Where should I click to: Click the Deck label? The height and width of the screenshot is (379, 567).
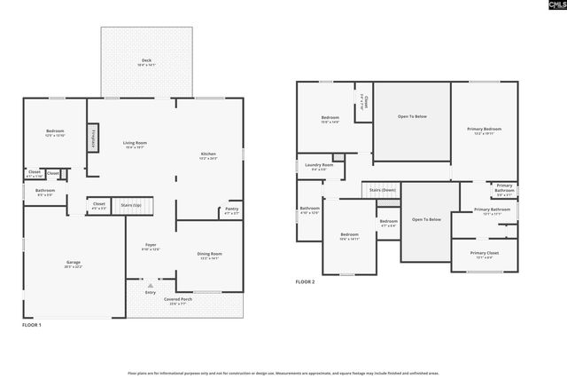(146, 62)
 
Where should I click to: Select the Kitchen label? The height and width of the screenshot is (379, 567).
(208, 155)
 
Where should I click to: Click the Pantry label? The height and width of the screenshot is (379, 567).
(231, 210)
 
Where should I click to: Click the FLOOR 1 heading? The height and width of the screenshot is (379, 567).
(32, 326)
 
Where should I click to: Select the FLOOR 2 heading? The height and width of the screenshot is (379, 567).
(306, 282)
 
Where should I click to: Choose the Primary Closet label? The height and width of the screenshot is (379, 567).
(484, 255)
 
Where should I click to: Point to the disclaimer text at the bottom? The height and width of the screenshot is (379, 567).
(283, 373)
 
